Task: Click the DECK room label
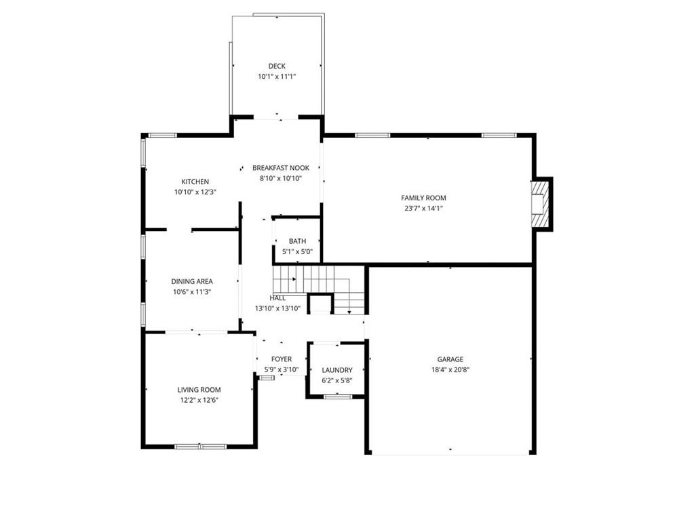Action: point(277,67)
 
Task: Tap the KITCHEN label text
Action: point(195,181)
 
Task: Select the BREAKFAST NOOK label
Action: point(281,168)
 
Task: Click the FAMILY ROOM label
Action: point(423,198)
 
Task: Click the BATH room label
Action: point(297,241)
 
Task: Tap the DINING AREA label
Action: point(192,281)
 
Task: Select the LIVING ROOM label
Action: point(199,390)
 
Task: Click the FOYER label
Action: point(282,359)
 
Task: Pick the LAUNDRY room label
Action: point(337,370)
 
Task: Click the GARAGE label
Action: point(450,360)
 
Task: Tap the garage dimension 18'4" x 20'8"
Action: point(450,370)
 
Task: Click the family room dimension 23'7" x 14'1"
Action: point(423,209)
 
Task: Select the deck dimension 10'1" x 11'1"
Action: point(277,77)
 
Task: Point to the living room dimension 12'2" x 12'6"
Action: point(199,400)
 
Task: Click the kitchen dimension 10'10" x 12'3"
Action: point(195,192)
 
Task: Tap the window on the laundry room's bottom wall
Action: point(338,397)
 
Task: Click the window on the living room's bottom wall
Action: point(201,446)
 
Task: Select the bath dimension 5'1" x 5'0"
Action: point(297,251)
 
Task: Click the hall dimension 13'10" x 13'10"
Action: point(277,308)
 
